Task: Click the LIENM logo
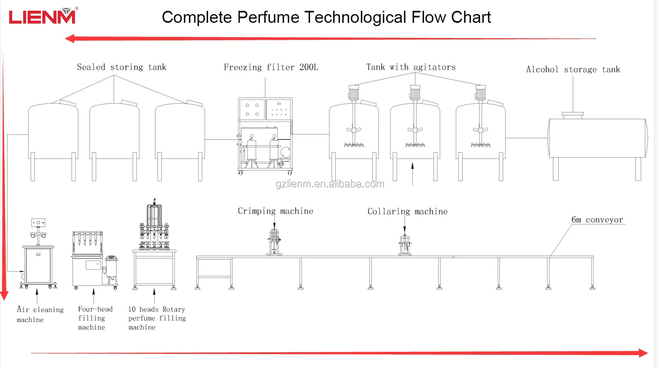[42, 16]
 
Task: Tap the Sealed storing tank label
[121, 67]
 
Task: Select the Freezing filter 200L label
[271, 67]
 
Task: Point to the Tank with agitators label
[410, 67]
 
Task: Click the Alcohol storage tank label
[573, 69]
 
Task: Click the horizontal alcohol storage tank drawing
[597, 138]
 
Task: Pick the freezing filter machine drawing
[265, 136]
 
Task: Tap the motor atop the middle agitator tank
[415, 93]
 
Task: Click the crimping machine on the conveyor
[274, 242]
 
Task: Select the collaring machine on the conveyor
[405, 244]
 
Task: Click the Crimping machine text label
[275, 211]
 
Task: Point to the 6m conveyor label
[597, 220]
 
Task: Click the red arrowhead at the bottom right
[643, 353]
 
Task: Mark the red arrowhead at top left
[70, 39]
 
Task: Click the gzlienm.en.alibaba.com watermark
[330, 184]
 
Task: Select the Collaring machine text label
[407, 212]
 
